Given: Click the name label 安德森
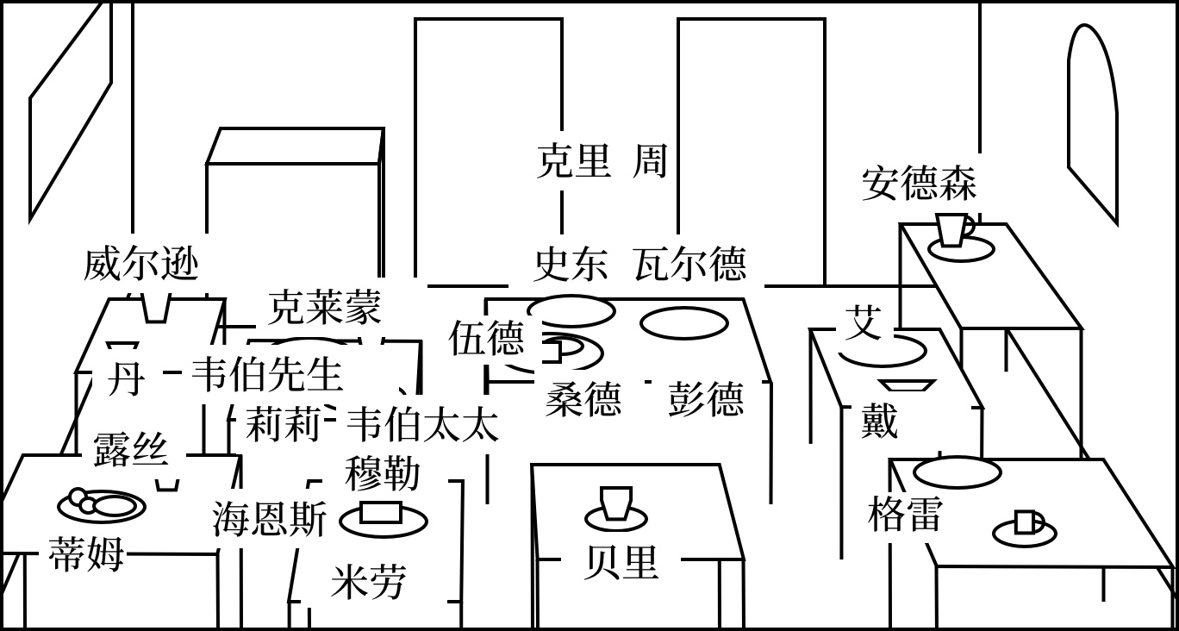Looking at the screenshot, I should click(x=919, y=184).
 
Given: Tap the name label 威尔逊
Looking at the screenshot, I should click(x=141, y=264).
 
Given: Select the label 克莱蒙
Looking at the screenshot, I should click(x=324, y=307).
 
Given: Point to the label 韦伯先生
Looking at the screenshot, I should click(x=266, y=375).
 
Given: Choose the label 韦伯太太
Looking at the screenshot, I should click(x=421, y=425).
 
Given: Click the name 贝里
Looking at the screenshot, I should click(x=621, y=563).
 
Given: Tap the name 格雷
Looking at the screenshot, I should click(x=905, y=515).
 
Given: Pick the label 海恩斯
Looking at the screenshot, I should click(x=270, y=521).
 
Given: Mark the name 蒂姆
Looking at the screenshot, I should click(x=86, y=553).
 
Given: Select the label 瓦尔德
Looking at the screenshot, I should click(x=689, y=264).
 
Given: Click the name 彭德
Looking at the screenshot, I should click(x=705, y=400).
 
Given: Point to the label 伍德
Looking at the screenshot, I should click(x=486, y=338).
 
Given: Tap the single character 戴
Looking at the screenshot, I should click(x=879, y=422).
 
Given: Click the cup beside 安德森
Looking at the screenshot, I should click(x=953, y=230).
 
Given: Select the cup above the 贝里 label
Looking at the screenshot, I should click(x=616, y=503).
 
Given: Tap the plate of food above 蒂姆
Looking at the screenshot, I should click(x=101, y=504).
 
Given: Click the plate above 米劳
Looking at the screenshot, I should click(x=384, y=517).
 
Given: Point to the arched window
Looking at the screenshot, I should click(x=1092, y=121).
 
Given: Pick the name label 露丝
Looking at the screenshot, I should click(x=130, y=449).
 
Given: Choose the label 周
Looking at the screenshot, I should click(x=650, y=161).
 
